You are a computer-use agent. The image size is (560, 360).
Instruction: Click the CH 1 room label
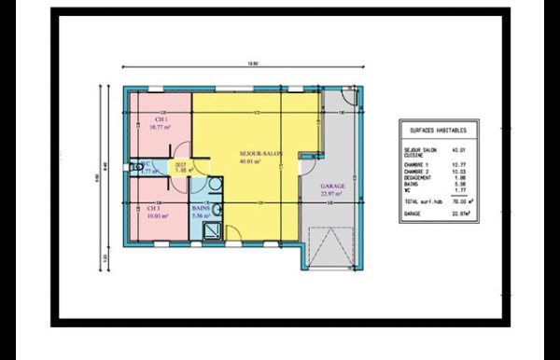coord(161,120)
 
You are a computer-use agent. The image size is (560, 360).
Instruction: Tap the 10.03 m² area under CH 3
coord(155,216)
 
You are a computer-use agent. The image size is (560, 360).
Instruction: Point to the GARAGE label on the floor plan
coord(333,187)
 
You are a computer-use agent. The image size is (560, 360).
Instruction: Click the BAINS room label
coord(201,208)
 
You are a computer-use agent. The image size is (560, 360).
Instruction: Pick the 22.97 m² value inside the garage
coord(333,194)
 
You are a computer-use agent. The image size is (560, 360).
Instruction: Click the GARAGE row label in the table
coord(414,214)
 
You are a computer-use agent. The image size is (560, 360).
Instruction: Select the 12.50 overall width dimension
coord(250,64)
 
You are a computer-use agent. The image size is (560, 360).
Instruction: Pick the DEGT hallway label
coord(182,164)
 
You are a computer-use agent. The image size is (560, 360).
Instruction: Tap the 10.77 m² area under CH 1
coord(161,129)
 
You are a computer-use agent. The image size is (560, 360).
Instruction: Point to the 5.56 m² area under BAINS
coord(201,216)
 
